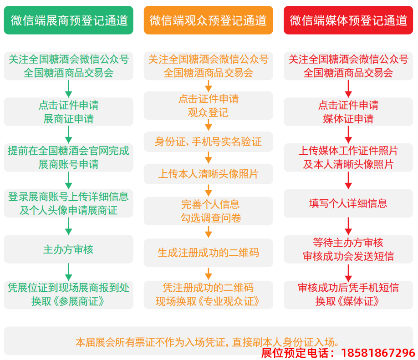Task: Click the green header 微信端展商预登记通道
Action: tap(69, 20)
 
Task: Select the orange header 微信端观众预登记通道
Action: tap(208, 20)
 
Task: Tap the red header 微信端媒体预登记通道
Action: tap(348, 20)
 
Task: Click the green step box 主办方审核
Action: tap(69, 249)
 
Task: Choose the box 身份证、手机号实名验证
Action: tap(208, 142)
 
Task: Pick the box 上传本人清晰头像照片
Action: tap(208, 174)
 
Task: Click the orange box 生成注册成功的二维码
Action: tap(208, 252)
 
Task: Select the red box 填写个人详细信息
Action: tap(348, 203)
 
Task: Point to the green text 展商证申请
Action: tap(69, 119)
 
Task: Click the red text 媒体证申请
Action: tap(348, 119)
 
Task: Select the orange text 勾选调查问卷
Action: tap(208, 218)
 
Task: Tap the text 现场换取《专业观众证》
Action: tap(208, 301)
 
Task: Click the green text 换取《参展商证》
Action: tap(69, 301)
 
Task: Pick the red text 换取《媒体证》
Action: tap(348, 301)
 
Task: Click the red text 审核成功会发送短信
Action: tap(348, 256)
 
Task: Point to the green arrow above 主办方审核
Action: tap(69, 226)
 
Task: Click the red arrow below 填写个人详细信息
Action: tap(348, 226)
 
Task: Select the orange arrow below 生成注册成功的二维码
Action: tap(208, 274)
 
